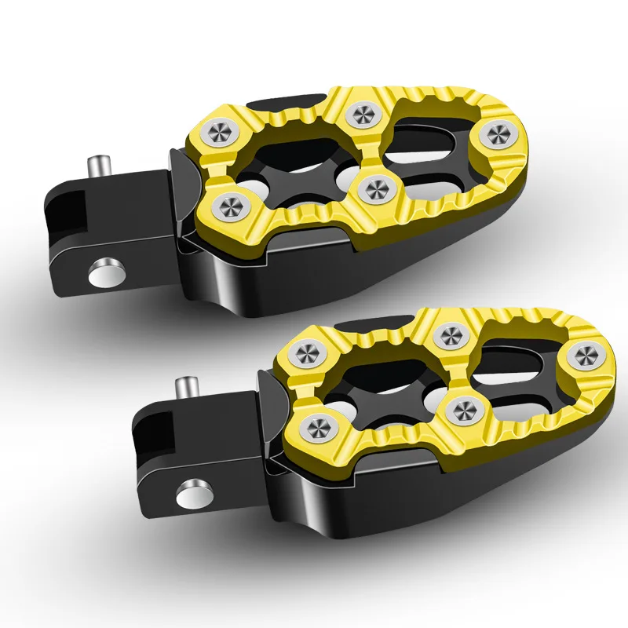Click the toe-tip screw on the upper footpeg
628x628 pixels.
click(x=496, y=134)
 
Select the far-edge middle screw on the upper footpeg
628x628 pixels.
click(x=362, y=115)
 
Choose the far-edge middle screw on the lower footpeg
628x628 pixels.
click(x=450, y=335)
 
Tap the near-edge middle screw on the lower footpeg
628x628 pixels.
click(x=464, y=407)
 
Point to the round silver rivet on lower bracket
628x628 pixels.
click(x=191, y=493)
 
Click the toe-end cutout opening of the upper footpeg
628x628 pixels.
click(x=440, y=145)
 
